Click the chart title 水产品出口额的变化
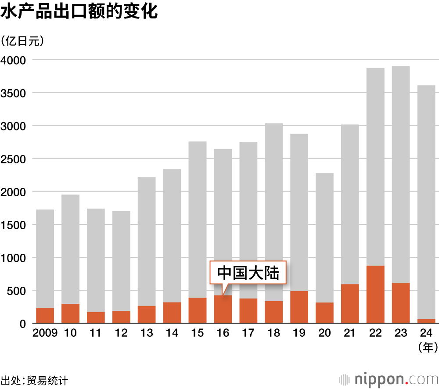point(79,12)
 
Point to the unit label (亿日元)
point(22,41)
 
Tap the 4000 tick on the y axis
point(14,60)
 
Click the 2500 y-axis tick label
point(14,158)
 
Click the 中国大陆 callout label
point(248,273)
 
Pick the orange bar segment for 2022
point(375,294)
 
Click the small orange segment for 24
point(426,321)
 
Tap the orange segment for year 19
point(299,307)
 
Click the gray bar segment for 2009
point(45,259)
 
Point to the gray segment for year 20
point(324,238)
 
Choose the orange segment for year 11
point(96,317)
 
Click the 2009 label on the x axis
point(45,333)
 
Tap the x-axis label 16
point(223,333)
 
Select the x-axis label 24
point(426,333)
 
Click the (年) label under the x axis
point(428,348)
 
